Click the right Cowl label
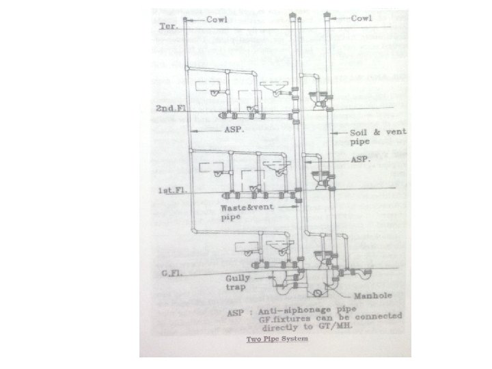pyautogui.click(x=361, y=18)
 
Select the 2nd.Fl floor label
pyautogui.click(x=168, y=109)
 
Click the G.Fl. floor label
pyautogui.click(x=170, y=273)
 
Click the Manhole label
pyautogui.click(x=372, y=297)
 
